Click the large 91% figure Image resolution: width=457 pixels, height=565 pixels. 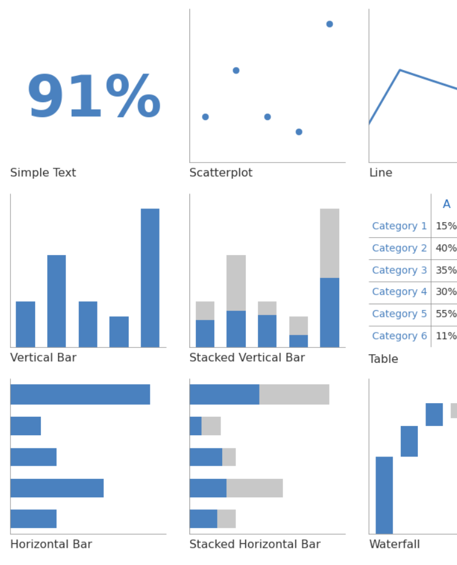94,98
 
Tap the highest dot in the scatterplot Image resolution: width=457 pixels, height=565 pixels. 330,24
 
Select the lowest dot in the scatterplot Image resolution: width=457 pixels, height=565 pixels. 299,132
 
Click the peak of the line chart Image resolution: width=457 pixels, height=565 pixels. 400,70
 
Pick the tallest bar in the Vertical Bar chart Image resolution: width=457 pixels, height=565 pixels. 150,277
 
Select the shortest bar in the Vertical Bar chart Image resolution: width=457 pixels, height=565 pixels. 119,331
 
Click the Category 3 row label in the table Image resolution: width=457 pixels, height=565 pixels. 399,270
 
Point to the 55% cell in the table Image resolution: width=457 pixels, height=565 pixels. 446,314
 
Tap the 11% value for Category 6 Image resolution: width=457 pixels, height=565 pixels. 446,336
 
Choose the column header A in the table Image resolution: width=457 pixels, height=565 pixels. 446,204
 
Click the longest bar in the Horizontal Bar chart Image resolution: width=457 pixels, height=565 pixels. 80,394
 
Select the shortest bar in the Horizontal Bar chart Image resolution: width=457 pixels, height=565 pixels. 26,426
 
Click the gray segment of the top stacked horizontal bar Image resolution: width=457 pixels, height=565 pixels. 294,394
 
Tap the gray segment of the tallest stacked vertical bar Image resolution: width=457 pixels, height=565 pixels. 330,243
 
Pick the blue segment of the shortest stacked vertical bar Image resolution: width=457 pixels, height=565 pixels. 299,341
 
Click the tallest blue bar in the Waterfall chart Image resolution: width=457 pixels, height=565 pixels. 384,495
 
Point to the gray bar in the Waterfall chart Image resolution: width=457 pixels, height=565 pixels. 454,411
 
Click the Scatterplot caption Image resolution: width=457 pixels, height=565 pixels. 220,173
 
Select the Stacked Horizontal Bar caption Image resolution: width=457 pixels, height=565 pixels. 254,544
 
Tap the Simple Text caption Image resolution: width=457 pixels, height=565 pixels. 43,173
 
